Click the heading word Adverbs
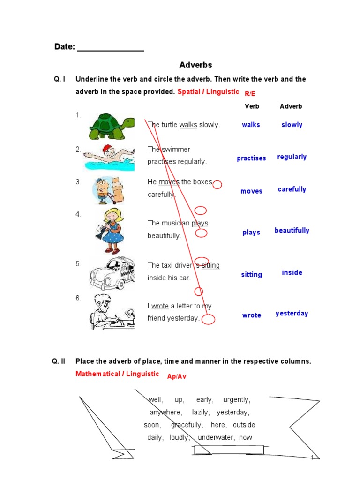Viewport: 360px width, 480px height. click(x=196, y=65)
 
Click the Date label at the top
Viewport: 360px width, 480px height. click(x=65, y=47)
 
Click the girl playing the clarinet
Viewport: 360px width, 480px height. click(x=110, y=224)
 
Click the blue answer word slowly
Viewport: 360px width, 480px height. click(x=292, y=125)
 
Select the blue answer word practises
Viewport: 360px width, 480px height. click(x=251, y=158)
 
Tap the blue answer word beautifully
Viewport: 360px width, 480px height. click(x=292, y=230)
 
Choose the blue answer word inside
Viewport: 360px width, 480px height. click(x=292, y=272)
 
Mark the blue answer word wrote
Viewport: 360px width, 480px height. click(x=252, y=315)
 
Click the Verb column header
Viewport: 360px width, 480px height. click(x=252, y=106)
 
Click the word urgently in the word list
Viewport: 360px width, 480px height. click(x=237, y=400)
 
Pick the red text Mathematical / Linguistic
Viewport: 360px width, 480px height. click(x=117, y=374)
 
